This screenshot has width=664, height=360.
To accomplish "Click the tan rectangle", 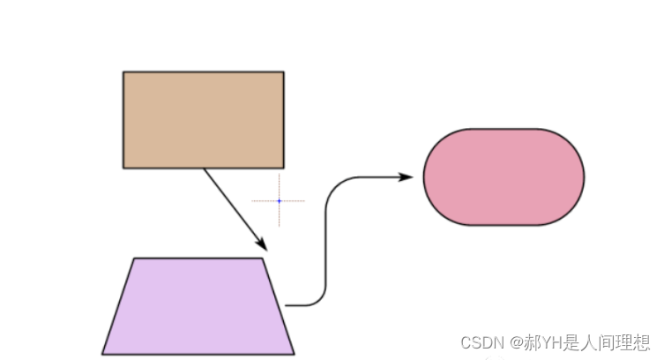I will (203, 119).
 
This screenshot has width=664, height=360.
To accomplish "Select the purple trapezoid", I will (198, 306).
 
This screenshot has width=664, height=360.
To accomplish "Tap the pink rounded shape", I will (504, 176).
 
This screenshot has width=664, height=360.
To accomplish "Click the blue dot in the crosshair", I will (279, 201).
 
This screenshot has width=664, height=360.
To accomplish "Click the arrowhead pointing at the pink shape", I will (407, 176).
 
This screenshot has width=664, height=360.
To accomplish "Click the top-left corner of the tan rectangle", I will (123, 71).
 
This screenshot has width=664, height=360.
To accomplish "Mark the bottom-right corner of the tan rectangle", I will (284, 168).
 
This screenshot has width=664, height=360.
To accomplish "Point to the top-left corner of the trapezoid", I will (134, 258).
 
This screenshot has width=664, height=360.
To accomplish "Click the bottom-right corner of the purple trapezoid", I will (294, 354).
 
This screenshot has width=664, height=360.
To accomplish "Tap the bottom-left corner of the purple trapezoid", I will (102, 354).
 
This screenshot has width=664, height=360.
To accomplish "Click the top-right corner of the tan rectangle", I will (284, 71).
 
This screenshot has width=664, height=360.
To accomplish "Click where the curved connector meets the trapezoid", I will (286, 305).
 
